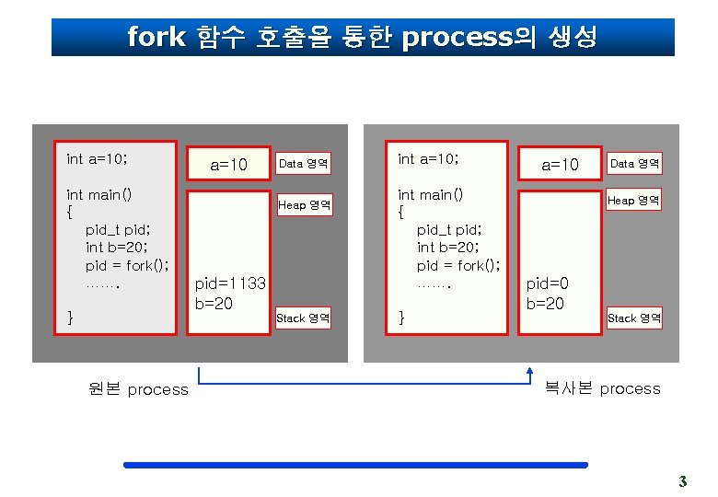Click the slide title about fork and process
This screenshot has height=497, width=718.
coord(362,38)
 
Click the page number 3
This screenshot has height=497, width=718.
coord(682,480)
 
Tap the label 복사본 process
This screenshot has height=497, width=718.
coord(602,388)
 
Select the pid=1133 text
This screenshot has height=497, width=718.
coord(230,284)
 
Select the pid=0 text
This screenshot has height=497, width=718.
coord(547,284)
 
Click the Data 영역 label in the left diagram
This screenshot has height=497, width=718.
coord(304,164)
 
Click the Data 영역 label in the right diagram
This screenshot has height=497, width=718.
coord(635,164)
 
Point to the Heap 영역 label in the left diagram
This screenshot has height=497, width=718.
coord(305,205)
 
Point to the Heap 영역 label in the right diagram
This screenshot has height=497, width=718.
coord(634,201)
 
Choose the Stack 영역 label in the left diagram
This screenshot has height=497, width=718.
coord(304,318)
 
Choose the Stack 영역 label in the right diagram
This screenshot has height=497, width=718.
coord(634,318)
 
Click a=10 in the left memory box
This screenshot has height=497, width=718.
coord(229,166)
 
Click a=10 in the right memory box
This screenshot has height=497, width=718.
coord(560,165)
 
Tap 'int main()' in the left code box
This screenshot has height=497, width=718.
coord(99,194)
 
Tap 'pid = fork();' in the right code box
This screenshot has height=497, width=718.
coord(458,265)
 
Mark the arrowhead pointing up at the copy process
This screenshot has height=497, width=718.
coord(530,372)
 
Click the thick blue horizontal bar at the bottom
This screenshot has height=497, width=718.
coord(355,466)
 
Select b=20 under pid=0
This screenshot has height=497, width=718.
coord(545,304)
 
